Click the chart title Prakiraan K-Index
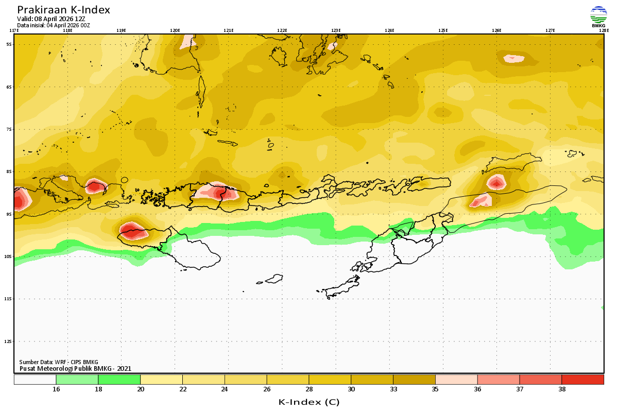(63, 10)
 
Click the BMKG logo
(598, 16)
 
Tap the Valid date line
(51, 19)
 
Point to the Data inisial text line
(54, 25)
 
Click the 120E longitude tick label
(175, 30)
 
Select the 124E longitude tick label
(389, 30)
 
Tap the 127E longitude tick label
(550, 30)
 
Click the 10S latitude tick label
(9, 256)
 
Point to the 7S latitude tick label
(9, 129)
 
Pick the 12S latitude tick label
(9, 341)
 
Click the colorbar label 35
(435, 389)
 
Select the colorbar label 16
(56, 389)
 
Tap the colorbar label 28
(309, 389)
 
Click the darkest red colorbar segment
(582, 380)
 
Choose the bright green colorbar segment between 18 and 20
(119, 380)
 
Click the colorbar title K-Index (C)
(308, 402)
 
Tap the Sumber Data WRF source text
(59, 362)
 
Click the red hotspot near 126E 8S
(496, 182)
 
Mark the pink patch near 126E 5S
(514, 58)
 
